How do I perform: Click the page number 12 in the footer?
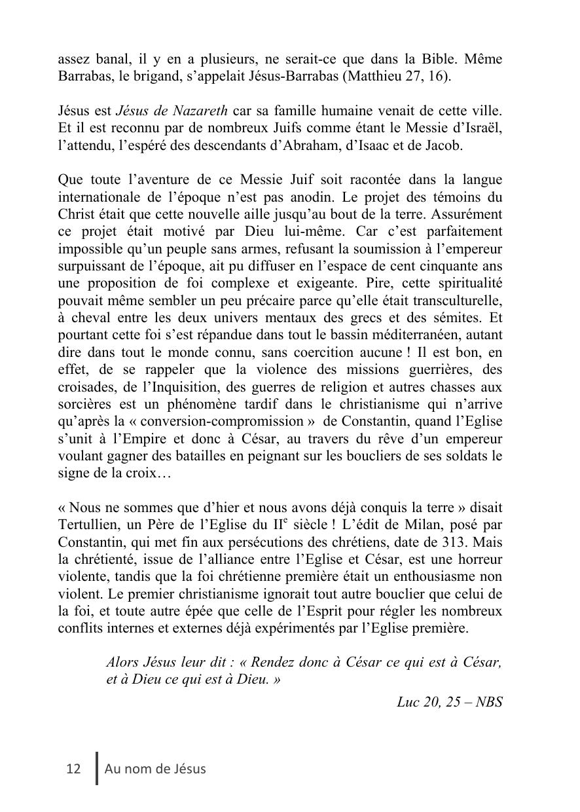click(73, 769)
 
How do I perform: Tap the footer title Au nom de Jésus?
click(155, 769)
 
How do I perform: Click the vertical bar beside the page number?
click(98, 768)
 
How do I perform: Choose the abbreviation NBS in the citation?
click(489, 702)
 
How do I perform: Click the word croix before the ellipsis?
click(140, 473)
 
